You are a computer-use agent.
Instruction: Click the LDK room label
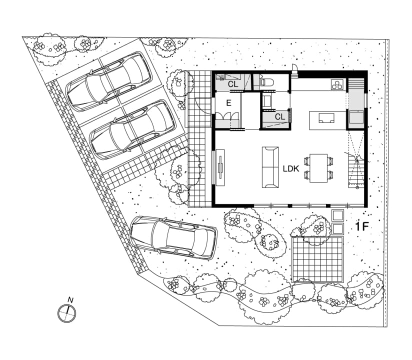pos(291,168)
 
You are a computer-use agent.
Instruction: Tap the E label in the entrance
pos(229,103)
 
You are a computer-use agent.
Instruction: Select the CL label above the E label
pos(233,84)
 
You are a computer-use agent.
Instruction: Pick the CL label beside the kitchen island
pos(280,116)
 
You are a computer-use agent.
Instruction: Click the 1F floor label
pos(362,226)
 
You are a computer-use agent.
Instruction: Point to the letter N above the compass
pos(70,300)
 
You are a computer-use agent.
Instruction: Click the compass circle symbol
pos(66,313)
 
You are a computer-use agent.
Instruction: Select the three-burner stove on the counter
pos(336,84)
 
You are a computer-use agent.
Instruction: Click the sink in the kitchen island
pos(326,118)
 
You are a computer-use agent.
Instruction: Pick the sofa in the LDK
pos(270,167)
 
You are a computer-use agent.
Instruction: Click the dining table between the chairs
pos(318,168)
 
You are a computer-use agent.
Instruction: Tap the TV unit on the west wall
pos(220,167)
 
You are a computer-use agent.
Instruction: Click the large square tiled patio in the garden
pos(318,259)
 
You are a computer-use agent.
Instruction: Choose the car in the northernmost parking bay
pos(108,81)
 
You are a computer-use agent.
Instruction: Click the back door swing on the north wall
pos(295,70)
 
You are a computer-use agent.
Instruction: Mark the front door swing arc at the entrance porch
pos(203,105)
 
